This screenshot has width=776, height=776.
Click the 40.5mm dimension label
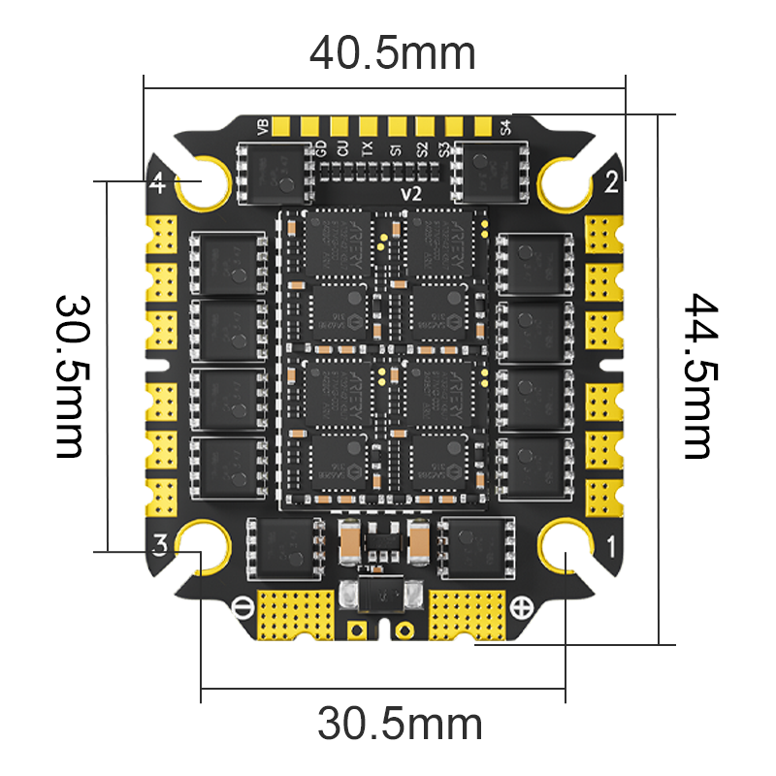pos(393,53)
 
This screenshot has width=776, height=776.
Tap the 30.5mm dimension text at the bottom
pos(400,724)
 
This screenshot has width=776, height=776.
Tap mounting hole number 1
pos(566,550)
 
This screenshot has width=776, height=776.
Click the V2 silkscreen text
pos(411,194)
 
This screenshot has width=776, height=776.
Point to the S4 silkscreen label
pos(504,127)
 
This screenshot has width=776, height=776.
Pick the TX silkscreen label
pos(367,148)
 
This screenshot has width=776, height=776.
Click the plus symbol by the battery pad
pos(522,608)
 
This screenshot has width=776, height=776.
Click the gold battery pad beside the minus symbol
pos(297,615)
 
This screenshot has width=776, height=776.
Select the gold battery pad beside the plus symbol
pos(468,615)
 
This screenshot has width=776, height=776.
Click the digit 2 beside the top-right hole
pos(611,180)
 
